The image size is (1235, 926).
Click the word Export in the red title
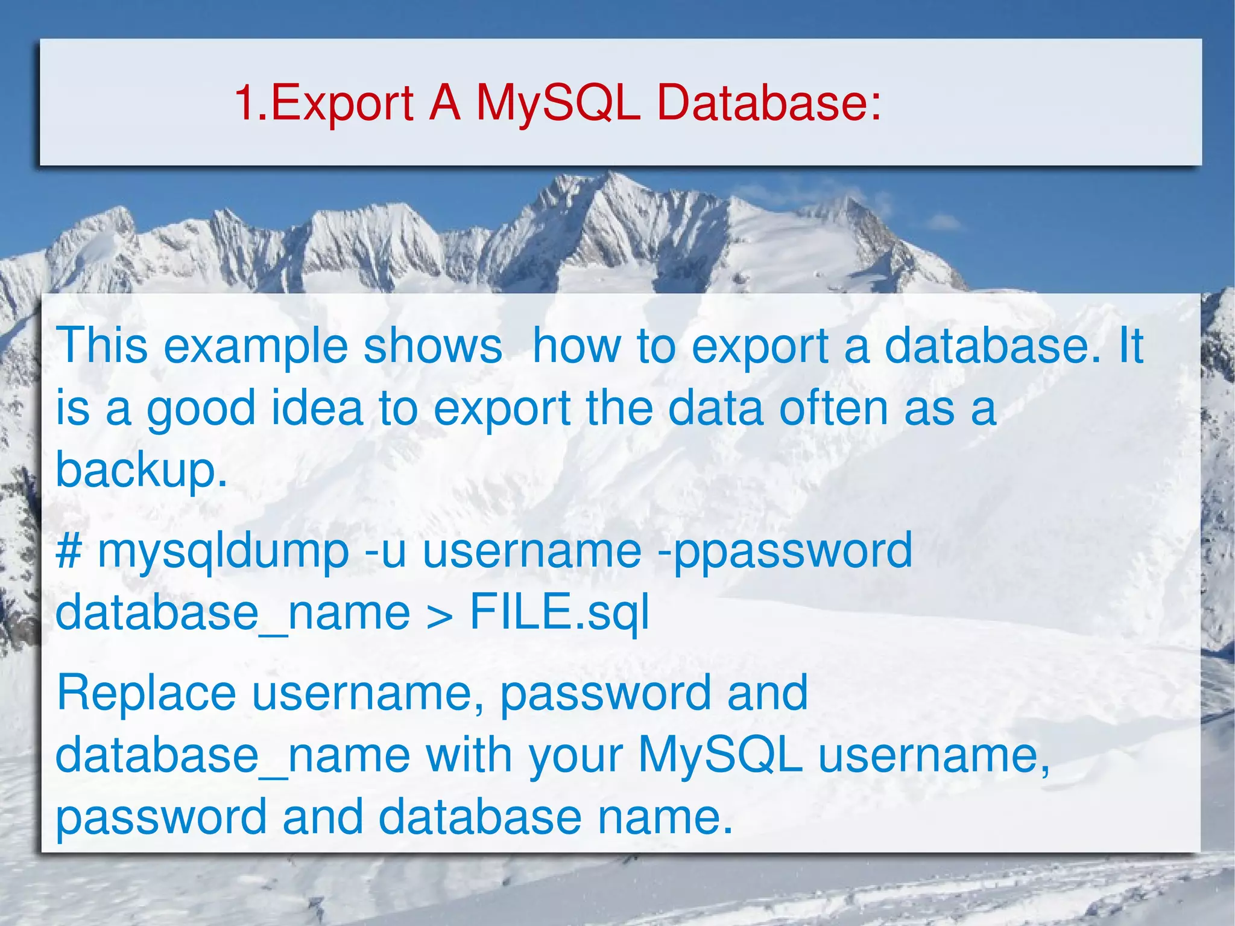pos(342,103)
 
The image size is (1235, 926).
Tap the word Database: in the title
pos(769,102)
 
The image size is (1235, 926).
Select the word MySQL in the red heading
pos(558,103)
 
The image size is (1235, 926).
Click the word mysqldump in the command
pos(223,552)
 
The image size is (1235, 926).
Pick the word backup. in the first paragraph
pos(141,471)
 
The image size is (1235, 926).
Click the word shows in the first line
pos(433,347)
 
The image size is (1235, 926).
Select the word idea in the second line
pos(317,409)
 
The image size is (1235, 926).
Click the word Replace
pos(146,693)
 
